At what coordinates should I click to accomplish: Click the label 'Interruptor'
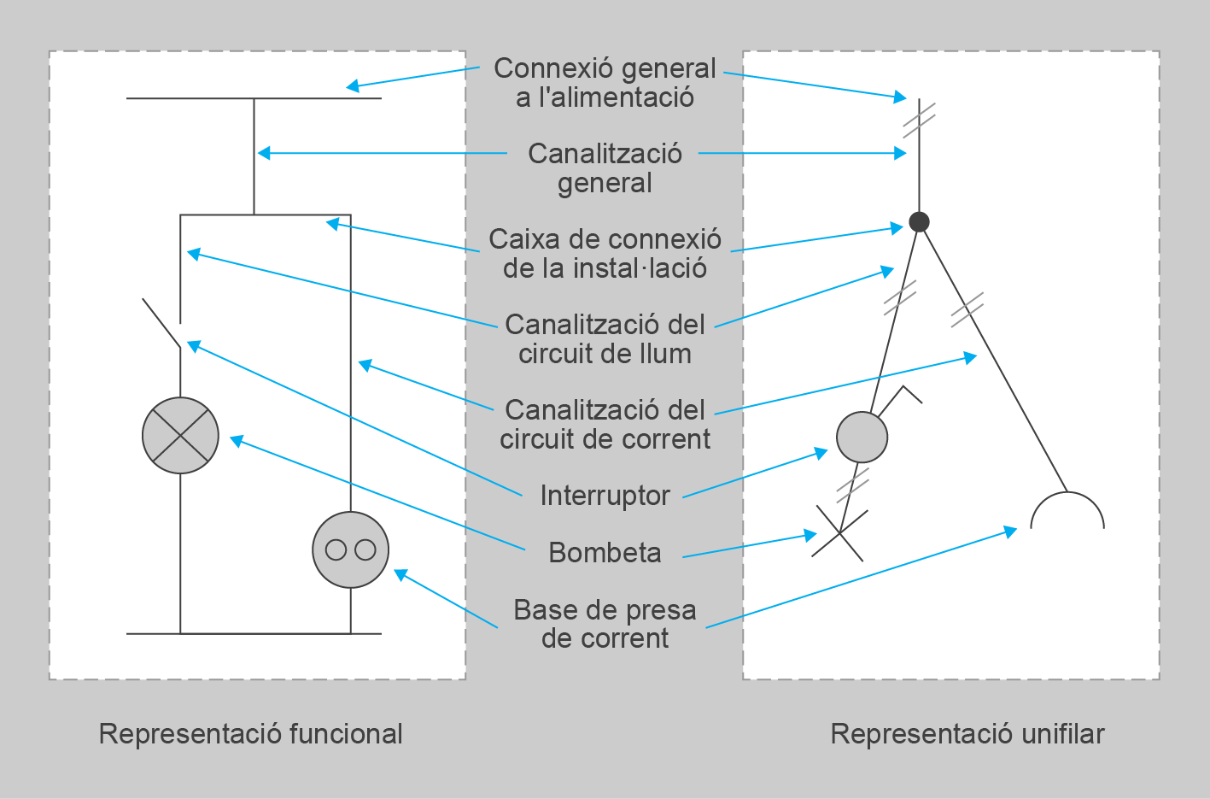tap(605, 496)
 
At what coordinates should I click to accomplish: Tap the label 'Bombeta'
tap(605, 553)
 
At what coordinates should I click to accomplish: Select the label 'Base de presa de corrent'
tap(605, 624)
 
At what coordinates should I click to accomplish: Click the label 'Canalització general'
tap(605, 167)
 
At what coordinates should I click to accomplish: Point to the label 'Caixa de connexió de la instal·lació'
tap(605, 253)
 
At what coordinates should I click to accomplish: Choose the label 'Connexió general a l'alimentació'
tap(605, 82)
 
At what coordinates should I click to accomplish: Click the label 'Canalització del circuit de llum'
tap(605, 338)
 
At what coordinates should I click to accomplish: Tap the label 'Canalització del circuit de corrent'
tap(605, 424)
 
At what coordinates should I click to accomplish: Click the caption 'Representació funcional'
tap(250, 733)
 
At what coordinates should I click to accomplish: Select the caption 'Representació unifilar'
tap(967, 733)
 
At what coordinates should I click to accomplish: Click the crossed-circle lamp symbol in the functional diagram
tap(180, 436)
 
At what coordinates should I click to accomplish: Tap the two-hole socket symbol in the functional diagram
tap(350, 549)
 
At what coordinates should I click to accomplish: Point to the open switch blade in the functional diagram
tap(161, 323)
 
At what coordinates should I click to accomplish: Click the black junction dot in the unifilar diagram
tap(919, 222)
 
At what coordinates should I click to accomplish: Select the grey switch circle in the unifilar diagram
tap(862, 437)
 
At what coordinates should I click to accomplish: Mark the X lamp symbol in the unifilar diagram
tap(839, 533)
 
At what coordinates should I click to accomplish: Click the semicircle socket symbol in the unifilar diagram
tap(1067, 512)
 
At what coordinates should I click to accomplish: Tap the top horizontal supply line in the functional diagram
tap(254, 98)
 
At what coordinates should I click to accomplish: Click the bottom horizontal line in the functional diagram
tap(254, 634)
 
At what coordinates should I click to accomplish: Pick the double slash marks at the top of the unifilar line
tap(919, 120)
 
